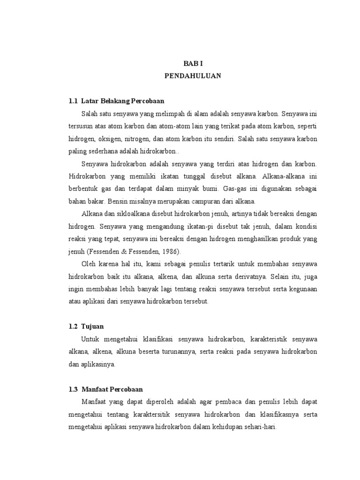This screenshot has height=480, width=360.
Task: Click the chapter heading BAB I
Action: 193,62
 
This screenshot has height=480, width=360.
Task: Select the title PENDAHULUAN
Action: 193,75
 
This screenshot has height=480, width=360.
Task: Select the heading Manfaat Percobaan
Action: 112,389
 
